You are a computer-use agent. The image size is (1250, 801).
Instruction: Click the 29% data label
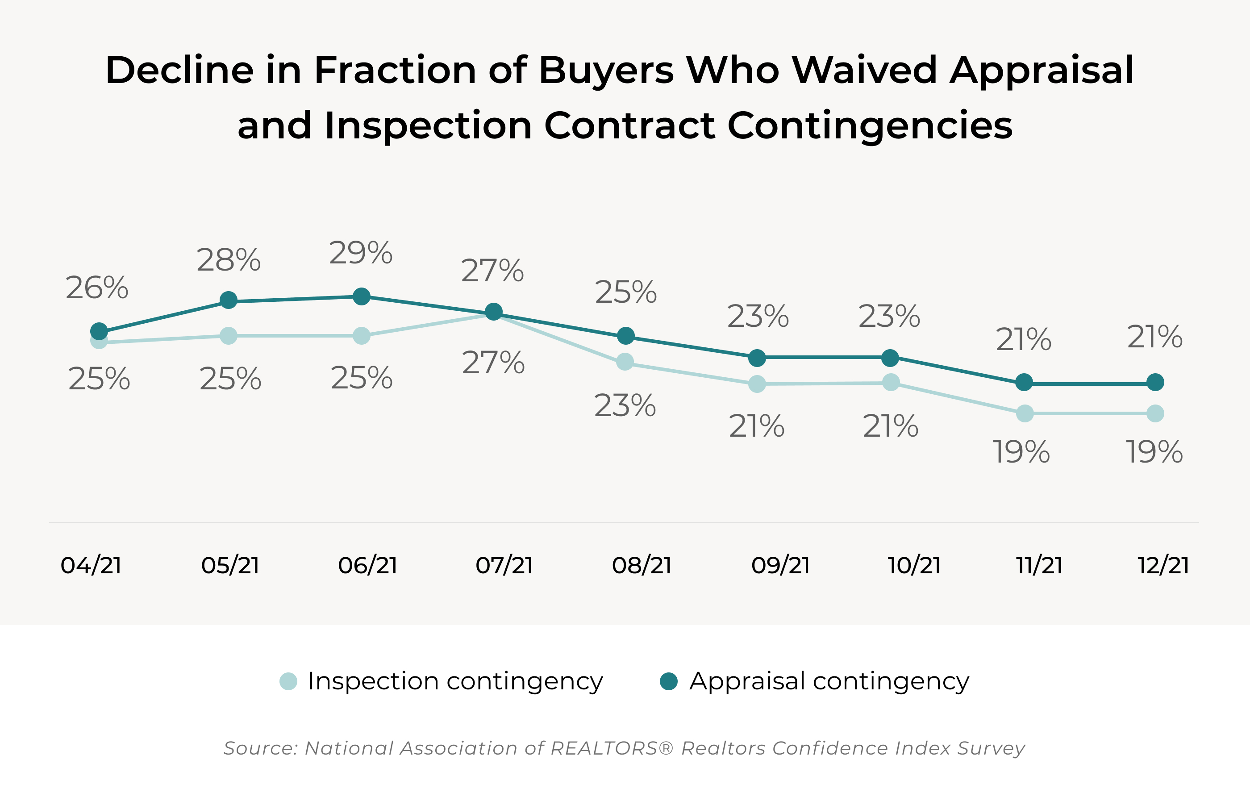point(360,253)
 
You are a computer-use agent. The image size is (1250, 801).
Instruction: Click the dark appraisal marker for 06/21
point(361,296)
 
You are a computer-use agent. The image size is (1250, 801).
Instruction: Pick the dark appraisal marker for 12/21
point(1155,382)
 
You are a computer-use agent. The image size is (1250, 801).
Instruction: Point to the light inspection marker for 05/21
point(228,335)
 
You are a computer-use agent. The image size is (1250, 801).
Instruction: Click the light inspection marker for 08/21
point(625,362)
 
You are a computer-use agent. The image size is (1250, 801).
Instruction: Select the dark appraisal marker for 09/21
point(757,357)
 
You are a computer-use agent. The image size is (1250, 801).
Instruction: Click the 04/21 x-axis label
point(91,565)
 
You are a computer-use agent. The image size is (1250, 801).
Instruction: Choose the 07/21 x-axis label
point(504,565)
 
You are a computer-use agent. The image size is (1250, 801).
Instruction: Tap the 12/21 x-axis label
point(1163,565)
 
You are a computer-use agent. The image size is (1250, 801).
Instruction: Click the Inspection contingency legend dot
point(288,681)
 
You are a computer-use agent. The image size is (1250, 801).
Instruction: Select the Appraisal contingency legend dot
point(669,681)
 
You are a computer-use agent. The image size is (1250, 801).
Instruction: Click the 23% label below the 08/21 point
point(625,406)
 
